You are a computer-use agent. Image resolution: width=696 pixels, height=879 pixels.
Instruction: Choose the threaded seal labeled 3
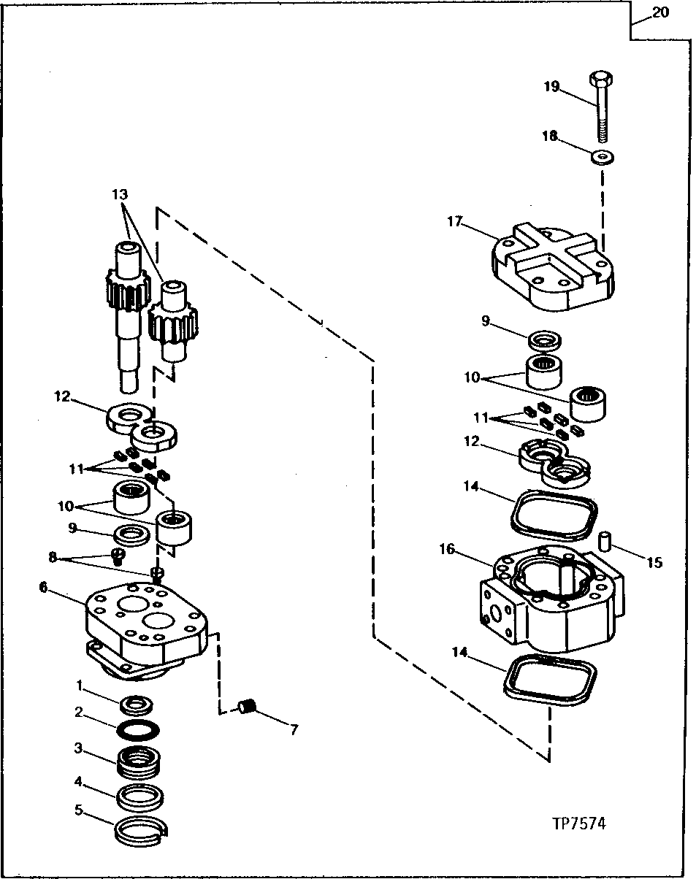pos(139,761)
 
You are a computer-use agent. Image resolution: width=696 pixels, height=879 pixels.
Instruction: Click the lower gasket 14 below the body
pos(549,678)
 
